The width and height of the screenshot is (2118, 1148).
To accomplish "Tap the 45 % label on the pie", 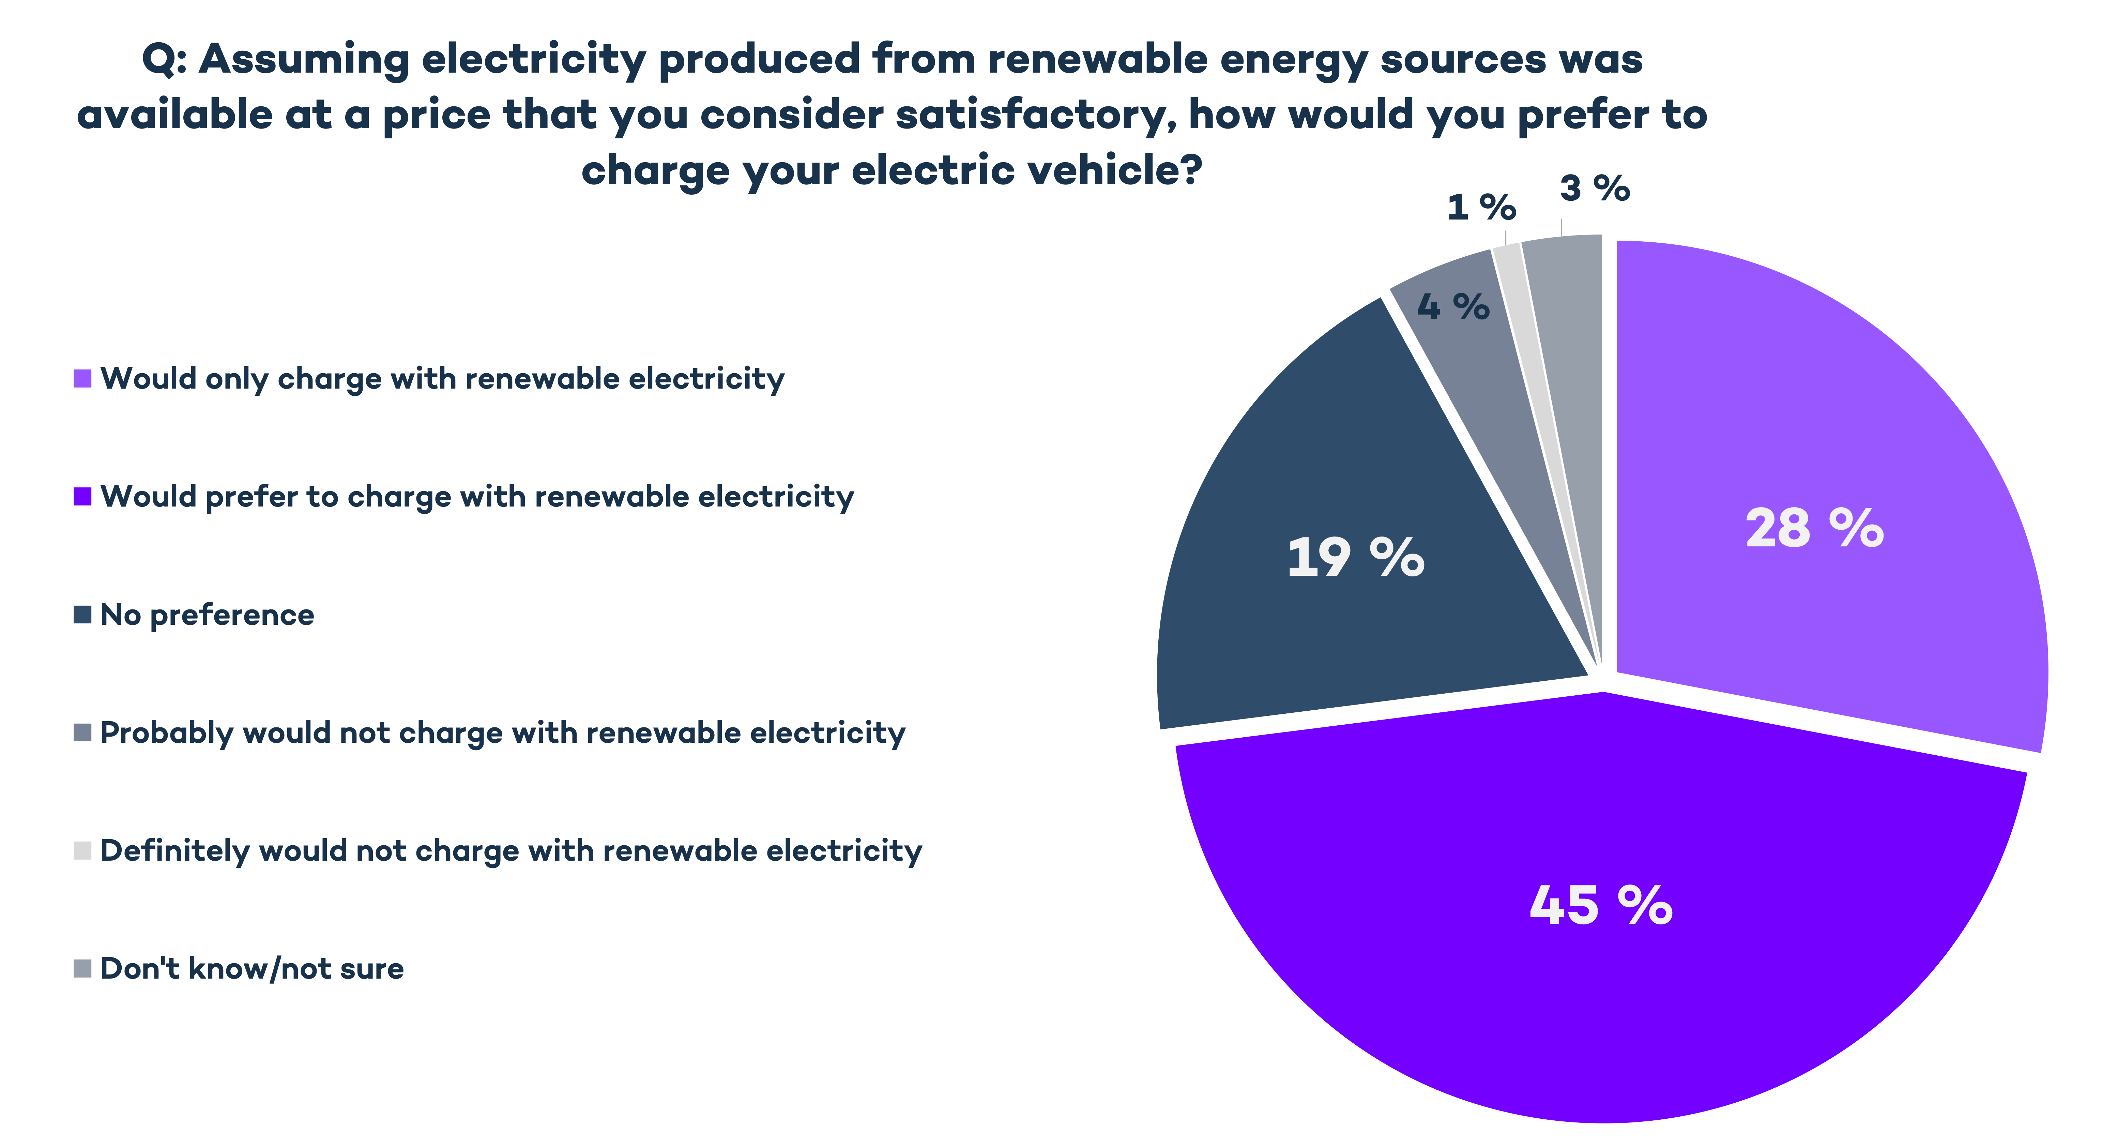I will coord(1600,905).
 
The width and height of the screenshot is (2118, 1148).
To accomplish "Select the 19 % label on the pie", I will coord(1355,558).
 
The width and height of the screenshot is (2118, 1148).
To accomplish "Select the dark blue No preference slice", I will coord(1315,641).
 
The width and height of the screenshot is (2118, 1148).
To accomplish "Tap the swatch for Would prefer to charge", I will coord(82,497).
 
